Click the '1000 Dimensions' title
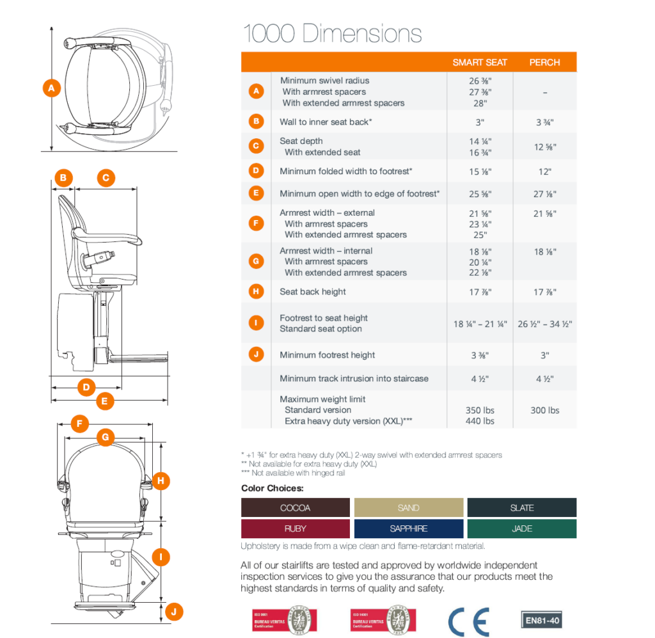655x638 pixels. click(332, 33)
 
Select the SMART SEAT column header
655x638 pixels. click(480, 62)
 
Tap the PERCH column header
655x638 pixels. click(544, 62)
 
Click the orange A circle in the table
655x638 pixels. click(256, 92)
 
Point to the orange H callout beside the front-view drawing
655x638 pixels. click(161, 480)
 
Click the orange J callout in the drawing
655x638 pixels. click(173, 612)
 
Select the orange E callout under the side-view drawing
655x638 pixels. click(105, 402)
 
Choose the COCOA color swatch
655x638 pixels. click(295, 507)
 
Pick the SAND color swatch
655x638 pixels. click(408, 507)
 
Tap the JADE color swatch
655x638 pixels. click(521, 529)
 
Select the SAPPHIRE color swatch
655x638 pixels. click(408, 529)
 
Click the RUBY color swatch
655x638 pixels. click(295, 529)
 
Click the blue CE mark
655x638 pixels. click(468, 621)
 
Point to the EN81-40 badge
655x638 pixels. click(543, 620)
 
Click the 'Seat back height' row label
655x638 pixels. click(313, 292)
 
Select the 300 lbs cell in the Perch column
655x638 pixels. click(544, 410)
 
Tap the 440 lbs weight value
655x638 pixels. click(480, 421)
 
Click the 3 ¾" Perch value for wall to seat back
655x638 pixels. click(544, 122)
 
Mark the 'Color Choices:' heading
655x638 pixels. click(272, 488)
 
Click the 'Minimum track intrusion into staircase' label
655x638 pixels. click(354, 378)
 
